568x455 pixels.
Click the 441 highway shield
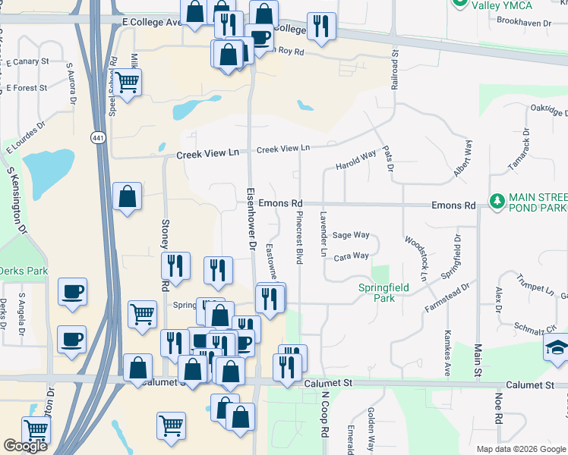coord(98,136)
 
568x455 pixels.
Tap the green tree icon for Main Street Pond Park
coord(497,201)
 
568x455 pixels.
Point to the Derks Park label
coord(23,271)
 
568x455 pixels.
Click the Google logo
coord(25,446)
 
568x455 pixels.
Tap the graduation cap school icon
coord(556,349)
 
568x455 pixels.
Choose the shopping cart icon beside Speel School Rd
coord(128,81)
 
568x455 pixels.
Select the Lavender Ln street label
coord(323,235)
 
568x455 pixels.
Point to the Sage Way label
coord(351,236)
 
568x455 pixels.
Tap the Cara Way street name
coord(351,256)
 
